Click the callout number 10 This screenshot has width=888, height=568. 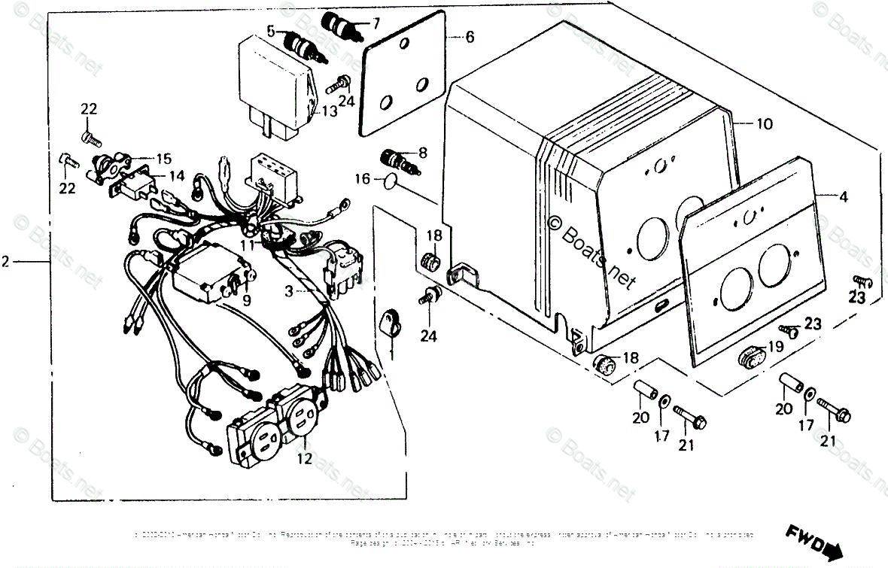point(765,124)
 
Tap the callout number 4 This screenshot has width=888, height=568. point(844,197)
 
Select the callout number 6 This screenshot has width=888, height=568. point(470,36)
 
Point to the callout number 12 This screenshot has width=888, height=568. point(304,459)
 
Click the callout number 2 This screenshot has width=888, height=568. point(6,262)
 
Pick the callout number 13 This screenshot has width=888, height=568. point(330,112)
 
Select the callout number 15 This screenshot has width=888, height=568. point(163,159)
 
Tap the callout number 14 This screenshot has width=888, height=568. point(176,177)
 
